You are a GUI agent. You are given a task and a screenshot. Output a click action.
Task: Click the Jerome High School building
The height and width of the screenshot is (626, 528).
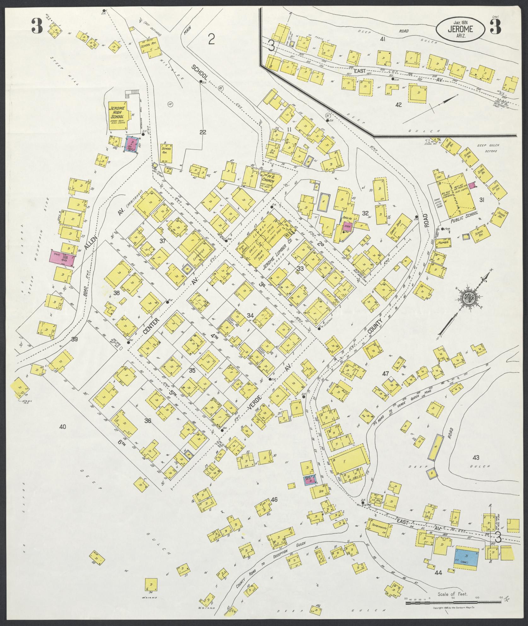[117, 115]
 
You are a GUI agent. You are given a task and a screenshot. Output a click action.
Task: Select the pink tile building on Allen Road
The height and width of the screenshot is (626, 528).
[62, 258]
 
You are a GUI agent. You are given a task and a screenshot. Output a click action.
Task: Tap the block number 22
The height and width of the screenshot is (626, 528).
[202, 133]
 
